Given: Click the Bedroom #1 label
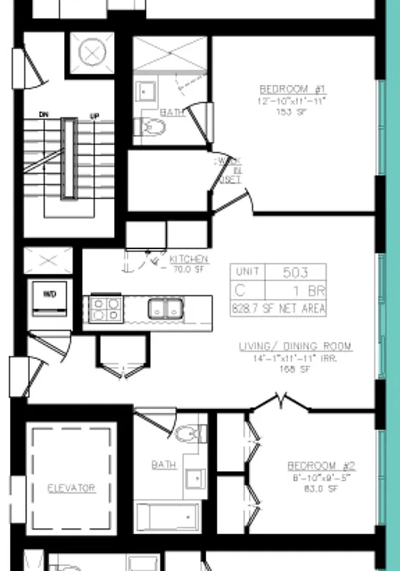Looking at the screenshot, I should [x=292, y=89].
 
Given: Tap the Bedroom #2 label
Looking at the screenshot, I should [x=321, y=465].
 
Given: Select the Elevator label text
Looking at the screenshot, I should [x=71, y=488].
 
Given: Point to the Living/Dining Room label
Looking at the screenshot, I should [x=294, y=347].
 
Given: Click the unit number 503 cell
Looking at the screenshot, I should [x=295, y=272].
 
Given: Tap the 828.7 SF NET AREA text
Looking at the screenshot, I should [x=278, y=308].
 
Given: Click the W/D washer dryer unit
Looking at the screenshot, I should [x=51, y=298].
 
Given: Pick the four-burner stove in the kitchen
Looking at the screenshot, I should [x=105, y=309].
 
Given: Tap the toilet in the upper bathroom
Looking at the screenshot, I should [x=153, y=128].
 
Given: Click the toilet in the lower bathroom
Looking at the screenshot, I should [x=188, y=433].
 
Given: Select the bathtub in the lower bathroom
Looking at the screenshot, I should [x=168, y=515].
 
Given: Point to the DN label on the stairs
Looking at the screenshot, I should [x=43, y=115].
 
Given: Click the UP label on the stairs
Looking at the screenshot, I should [x=93, y=115].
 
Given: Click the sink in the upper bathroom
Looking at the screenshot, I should [x=147, y=91].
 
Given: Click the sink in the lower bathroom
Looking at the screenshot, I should [x=193, y=476].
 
